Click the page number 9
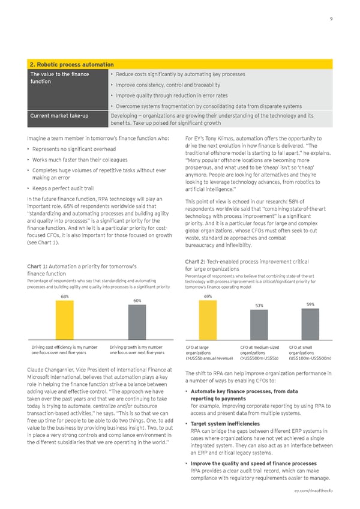pyautogui.click(x=331, y=19)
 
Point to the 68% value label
pyautogui.click(x=64, y=297)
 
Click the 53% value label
pyautogui.click(x=259, y=306)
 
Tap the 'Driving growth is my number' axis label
pyautogui.click(x=137, y=347)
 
